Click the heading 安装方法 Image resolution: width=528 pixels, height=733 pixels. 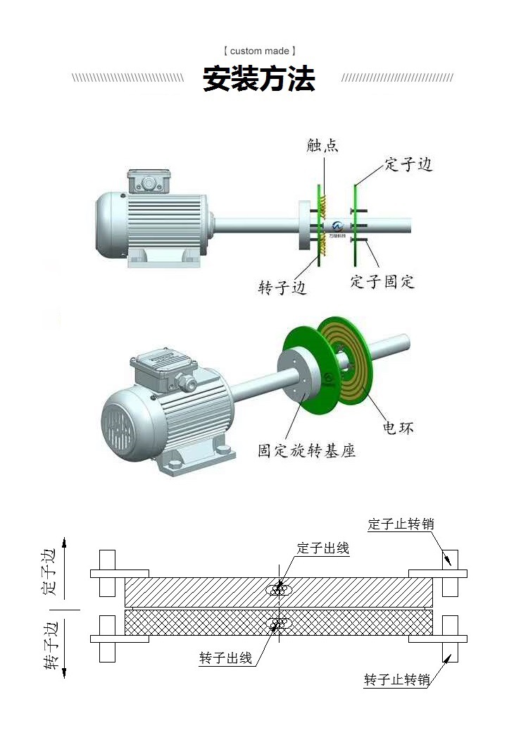[x=259, y=78]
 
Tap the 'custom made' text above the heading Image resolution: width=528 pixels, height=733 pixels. [x=259, y=51]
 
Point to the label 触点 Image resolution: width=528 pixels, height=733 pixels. [x=323, y=146]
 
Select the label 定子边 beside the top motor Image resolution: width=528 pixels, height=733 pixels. [x=408, y=165]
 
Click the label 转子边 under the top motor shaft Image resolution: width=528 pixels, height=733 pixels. [x=282, y=288]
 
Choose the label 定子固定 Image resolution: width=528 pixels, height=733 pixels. [x=382, y=282]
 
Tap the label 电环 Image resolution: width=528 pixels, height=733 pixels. [x=398, y=427]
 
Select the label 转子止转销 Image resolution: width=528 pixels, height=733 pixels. [x=397, y=680]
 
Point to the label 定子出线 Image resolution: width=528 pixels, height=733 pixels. [x=323, y=548]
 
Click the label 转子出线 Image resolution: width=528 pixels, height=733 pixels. [x=225, y=658]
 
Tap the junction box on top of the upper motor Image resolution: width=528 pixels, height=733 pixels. [x=149, y=181]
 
